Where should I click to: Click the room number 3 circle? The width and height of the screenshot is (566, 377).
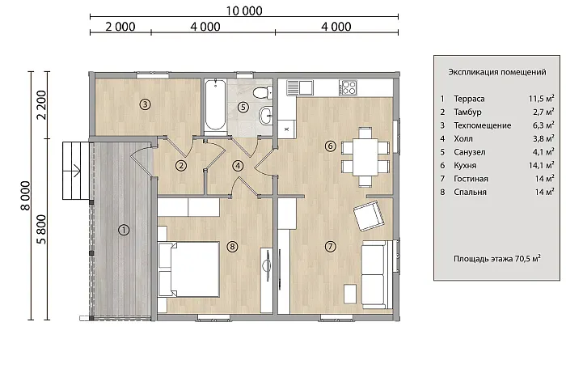[145, 104]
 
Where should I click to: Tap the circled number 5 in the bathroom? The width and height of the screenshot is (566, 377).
[243, 107]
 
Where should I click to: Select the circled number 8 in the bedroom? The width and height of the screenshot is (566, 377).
[232, 247]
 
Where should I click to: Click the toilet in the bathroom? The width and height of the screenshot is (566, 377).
[263, 93]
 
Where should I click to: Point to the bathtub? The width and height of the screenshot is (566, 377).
[216, 104]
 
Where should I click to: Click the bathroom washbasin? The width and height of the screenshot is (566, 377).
[266, 116]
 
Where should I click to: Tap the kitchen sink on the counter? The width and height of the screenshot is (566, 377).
[300, 87]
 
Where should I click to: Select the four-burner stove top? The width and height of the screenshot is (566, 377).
[348, 87]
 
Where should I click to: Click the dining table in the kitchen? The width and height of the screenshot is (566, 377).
[365, 157]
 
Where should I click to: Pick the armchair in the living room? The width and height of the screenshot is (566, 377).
[369, 216]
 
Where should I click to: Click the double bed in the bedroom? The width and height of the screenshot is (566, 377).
[189, 269]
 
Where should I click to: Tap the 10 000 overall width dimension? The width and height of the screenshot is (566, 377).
[244, 11]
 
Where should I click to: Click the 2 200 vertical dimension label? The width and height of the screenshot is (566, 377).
[42, 104]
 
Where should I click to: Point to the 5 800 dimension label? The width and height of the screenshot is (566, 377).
[42, 229]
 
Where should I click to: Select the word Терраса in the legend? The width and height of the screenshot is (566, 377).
[469, 99]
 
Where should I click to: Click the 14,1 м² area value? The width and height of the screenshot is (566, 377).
[542, 165]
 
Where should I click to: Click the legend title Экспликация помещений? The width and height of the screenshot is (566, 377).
[497, 72]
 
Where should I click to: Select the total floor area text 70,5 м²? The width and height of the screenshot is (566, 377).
[528, 259]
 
